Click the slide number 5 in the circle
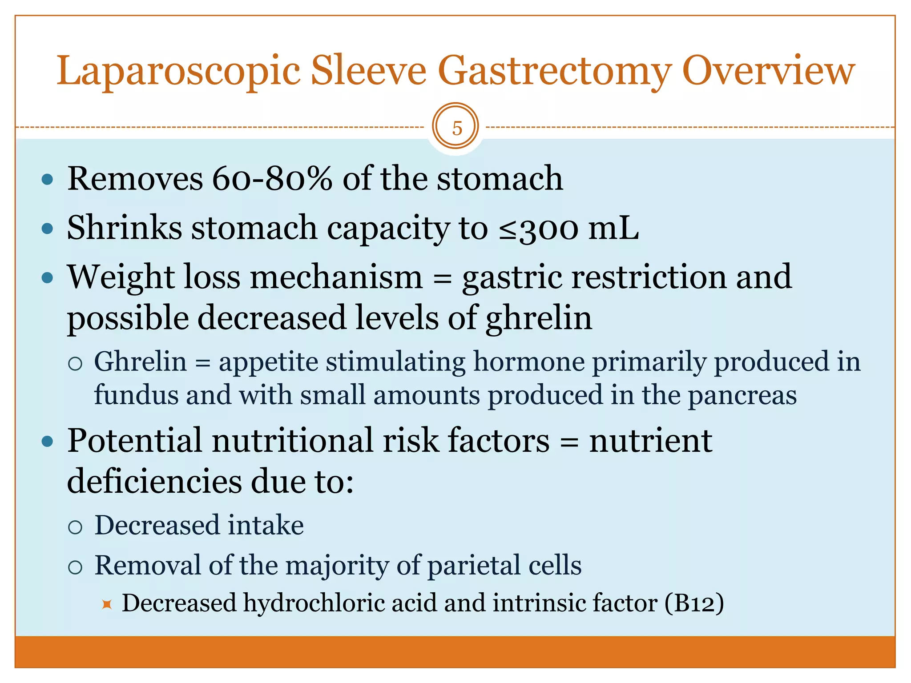[x=456, y=128]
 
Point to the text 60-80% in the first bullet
[x=272, y=179]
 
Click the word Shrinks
[x=124, y=228]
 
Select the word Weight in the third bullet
[x=121, y=278]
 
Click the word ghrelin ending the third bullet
[x=539, y=319]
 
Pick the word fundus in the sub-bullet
[x=136, y=395]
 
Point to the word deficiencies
[x=153, y=481]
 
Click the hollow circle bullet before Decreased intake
[x=76, y=527]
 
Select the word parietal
[x=473, y=566]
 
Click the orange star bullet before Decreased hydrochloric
[x=107, y=605]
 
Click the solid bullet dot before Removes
[x=47, y=180]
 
